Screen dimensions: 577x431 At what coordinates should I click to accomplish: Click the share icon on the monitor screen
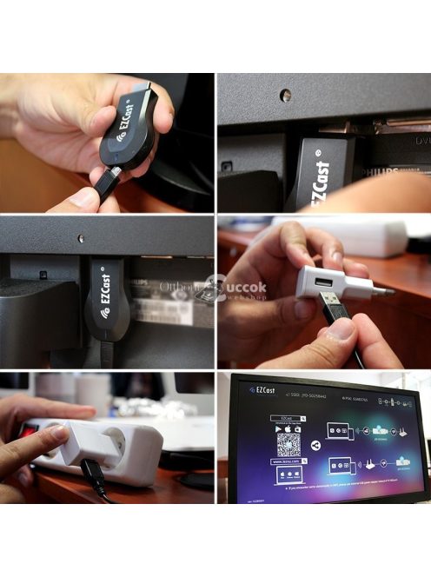(x=315, y=445)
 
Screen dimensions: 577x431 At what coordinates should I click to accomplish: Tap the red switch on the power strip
(x=29, y=428)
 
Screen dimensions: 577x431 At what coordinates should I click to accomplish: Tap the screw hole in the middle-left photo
(x=81, y=237)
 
